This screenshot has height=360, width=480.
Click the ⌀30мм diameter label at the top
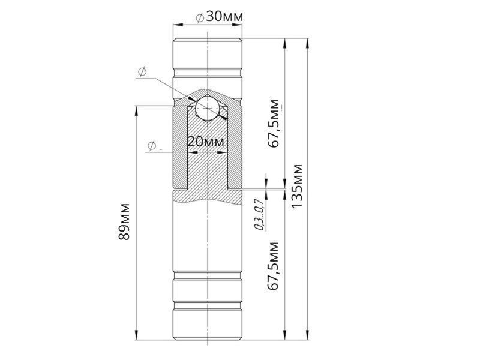(x=220, y=17)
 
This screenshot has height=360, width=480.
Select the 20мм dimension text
(x=205, y=142)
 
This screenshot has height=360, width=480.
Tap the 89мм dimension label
(x=125, y=221)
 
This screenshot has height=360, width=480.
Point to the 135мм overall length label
(x=296, y=187)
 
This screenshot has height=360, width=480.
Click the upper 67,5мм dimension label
(x=274, y=124)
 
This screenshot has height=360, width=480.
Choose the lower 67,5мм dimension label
(x=274, y=266)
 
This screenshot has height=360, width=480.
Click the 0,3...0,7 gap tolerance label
(x=260, y=214)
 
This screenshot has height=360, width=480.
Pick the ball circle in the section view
(x=208, y=109)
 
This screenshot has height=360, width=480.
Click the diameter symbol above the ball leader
(x=142, y=72)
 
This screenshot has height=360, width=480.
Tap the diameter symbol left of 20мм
(x=152, y=145)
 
